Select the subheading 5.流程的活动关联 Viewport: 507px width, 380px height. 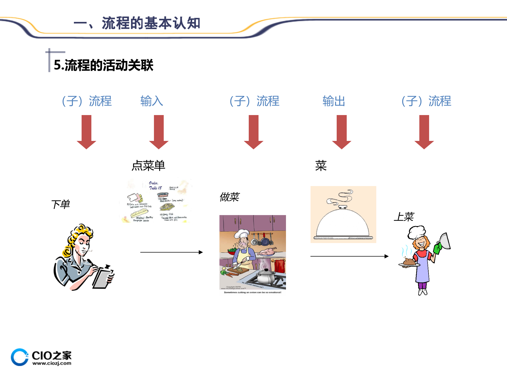(x=104, y=65)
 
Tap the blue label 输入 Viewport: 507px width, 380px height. (x=152, y=101)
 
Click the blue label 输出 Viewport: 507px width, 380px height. (x=334, y=101)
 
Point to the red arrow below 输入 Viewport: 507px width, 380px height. (x=159, y=132)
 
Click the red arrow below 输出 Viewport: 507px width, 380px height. (x=341, y=132)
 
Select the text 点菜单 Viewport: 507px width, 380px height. (x=148, y=166)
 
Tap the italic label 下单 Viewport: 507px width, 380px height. (x=60, y=204)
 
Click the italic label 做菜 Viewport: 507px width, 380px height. (x=229, y=197)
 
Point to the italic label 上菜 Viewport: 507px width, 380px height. (x=404, y=217)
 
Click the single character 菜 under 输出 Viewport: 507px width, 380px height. (x=321, y=166)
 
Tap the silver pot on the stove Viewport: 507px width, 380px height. (x=266, y=276)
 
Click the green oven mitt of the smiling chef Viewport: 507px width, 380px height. (x=438, y=248)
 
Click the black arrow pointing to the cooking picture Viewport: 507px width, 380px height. (x=171, y=252)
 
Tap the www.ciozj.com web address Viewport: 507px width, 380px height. (x=52, y=363)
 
